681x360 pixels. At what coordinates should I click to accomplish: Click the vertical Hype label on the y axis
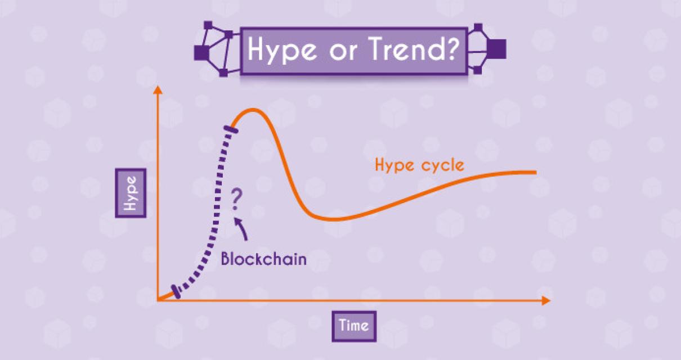(131, 192)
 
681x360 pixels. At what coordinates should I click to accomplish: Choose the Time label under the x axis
(353, 325)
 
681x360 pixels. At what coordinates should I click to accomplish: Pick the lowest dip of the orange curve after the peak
(333, 218)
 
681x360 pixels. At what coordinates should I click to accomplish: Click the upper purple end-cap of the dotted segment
(230, 130)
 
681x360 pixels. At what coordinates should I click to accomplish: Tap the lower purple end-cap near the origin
(177, 292)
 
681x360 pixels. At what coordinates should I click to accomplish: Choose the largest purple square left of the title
(201, 52)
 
